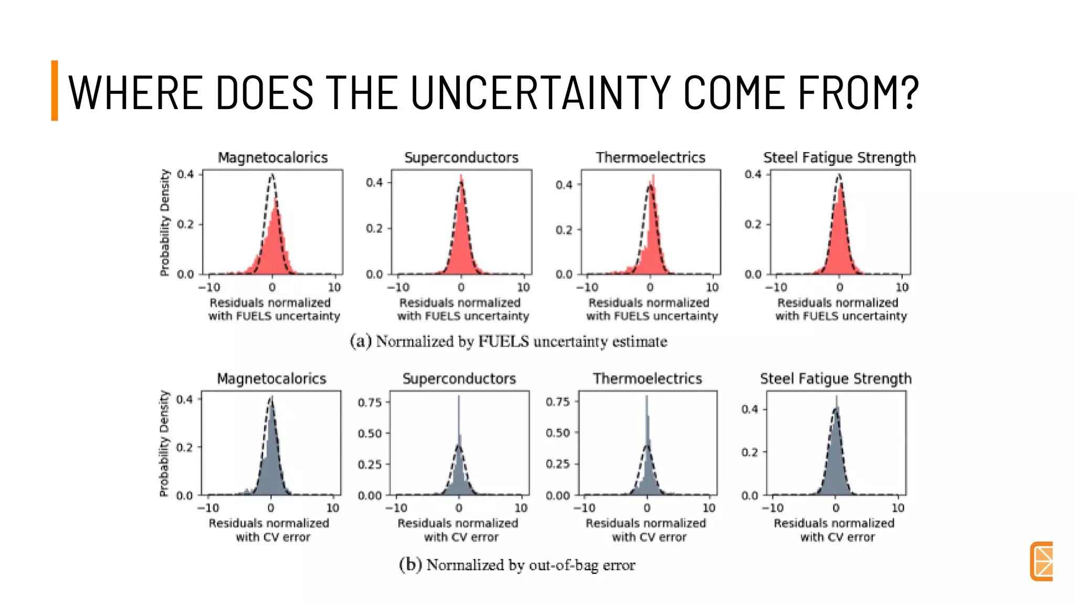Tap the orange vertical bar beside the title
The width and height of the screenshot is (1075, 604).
pyautogui.click(x=55, y=90)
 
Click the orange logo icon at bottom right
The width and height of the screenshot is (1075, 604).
pyautogui.click(x=1041, y=561)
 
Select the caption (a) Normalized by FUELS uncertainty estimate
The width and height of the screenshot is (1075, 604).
pyautogui.click(x=508, y=341)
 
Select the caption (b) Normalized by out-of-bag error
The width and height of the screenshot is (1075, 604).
pyautogui.click(x=517, y=565)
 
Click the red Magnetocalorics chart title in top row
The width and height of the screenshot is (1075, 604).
pyautogui.click(x=272, y=157)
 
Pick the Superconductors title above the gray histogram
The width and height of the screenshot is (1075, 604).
pyautogui.click(x=459, y=379)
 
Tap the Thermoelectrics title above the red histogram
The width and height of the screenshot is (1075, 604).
pyautogui.click(x=650, y=157)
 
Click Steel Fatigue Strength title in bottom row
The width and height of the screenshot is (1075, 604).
pyautogui.click(x=835, y=379)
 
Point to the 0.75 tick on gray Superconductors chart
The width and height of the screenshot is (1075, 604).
pyautogui.click(x=370, y=402)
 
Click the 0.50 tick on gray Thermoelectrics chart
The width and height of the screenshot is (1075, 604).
pyautogui.click(x=557, y=433)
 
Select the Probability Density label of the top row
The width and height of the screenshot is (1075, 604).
pyautogui.click(x=165, y=222)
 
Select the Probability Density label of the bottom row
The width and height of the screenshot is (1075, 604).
pyautogui.click(x=164, y=443)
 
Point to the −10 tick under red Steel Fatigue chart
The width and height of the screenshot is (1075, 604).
pyautogui.click(x=776, y=287)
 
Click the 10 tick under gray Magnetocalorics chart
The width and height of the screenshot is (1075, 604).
pyautogui.click(x=333, y=508)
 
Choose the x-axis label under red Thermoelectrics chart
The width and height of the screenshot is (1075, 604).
pyautogui.click(x=651, y=309)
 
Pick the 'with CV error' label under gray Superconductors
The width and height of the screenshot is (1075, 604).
pyautogui.click(x=461, y=537)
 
